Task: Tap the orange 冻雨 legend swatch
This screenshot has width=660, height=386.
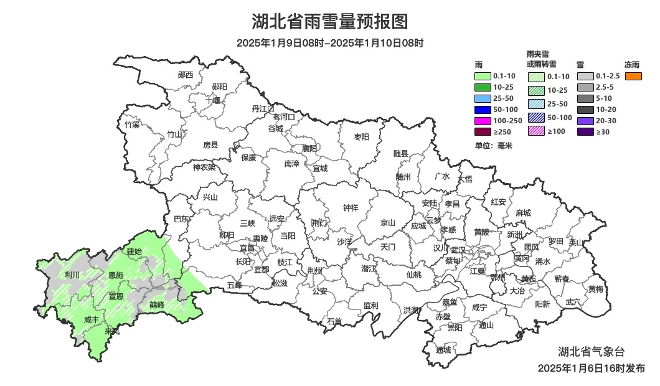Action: [634, 76]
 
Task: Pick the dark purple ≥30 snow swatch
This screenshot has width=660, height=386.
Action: [586, 132]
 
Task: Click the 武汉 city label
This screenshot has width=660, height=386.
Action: [458, 248]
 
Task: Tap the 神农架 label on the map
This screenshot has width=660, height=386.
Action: [204, 167]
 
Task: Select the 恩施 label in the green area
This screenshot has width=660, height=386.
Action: [116, 275]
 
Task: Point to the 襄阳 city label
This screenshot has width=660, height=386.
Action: [309, 148]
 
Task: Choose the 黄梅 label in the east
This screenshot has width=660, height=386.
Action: [595, 289]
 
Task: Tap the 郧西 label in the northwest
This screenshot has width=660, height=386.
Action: [186, 75]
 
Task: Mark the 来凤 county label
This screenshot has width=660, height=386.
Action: [112, 331]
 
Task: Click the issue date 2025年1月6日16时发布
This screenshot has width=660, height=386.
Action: [591, 369]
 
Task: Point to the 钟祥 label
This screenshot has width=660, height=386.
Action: [351, 208]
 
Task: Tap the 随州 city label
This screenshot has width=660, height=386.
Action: [403, 176]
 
